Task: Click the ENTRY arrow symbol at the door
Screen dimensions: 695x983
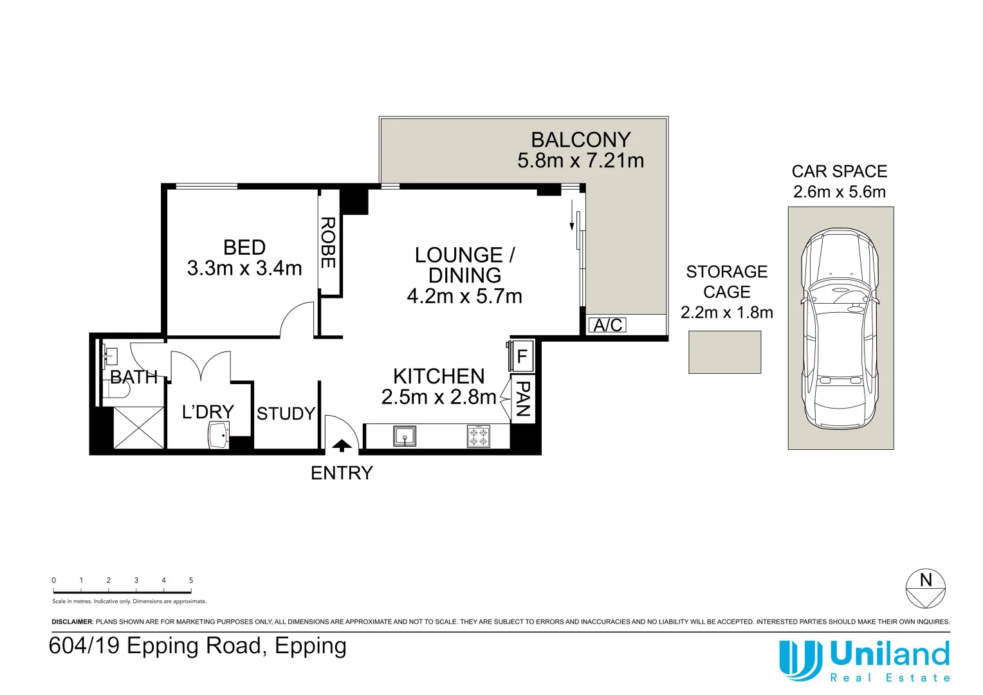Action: [x=342, y=445]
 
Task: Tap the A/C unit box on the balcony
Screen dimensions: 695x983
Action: [x=607, y=325]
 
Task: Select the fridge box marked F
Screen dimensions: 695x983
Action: [x=522, y=356]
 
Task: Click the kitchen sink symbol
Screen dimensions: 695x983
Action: [x=405, y=436]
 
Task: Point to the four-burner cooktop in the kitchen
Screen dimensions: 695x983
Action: [x=478, y=436]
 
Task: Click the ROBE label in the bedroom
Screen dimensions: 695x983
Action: [x=328, y=243]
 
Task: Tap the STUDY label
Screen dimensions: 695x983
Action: [x=286, y=414]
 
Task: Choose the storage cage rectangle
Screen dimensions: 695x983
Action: [x=724, y=352]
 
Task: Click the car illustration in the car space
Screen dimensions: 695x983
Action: [x=840, y=328]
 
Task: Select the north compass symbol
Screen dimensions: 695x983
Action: [x=925, y=588]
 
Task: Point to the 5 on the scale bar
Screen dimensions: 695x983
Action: [x=191, y=580]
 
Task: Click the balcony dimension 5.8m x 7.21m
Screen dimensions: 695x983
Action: [x=580, y=161]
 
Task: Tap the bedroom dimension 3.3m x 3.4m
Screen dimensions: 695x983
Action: [x=244, y=268]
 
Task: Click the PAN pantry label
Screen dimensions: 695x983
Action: [x=523, y=399]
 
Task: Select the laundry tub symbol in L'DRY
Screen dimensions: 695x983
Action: [x=219, y=435]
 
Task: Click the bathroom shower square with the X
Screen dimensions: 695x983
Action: [x=139, y=427]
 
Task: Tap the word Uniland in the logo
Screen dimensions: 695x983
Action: [x=890, y=654]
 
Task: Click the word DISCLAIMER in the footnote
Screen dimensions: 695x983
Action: [x=72, y=622]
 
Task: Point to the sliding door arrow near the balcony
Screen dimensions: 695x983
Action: [x=571, y=215]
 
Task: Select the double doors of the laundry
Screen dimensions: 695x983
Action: [x=201, y=366]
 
